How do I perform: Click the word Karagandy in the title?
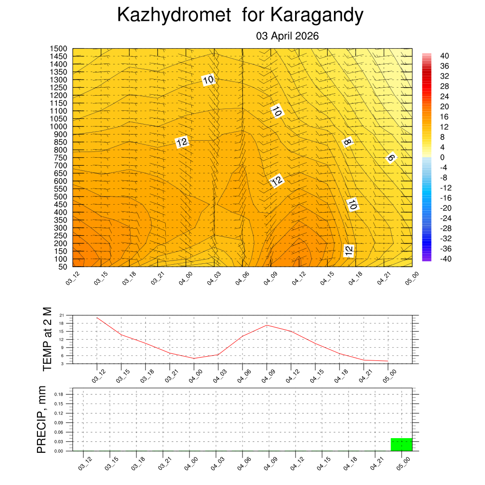tap(317, 16)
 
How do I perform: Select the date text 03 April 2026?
tap(287, 36)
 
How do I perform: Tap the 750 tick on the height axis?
tap(60, 158)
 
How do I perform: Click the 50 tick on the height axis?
tap(62, 267)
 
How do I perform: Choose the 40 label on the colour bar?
tap(444, 55)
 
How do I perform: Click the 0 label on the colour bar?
tap(442, 157)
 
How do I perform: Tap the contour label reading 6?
tap(390, 158)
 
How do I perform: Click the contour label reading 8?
tap(347, 142)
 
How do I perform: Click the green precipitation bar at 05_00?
tap(401, 444)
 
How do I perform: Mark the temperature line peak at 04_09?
tap(267, 325)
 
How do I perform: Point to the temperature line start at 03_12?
tap(97, 317)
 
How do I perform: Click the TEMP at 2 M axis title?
tap(46, 339)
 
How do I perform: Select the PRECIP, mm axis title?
tap(42, 420)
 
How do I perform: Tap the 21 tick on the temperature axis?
tap(62, 315)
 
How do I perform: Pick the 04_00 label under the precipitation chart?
tap(191, 464)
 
